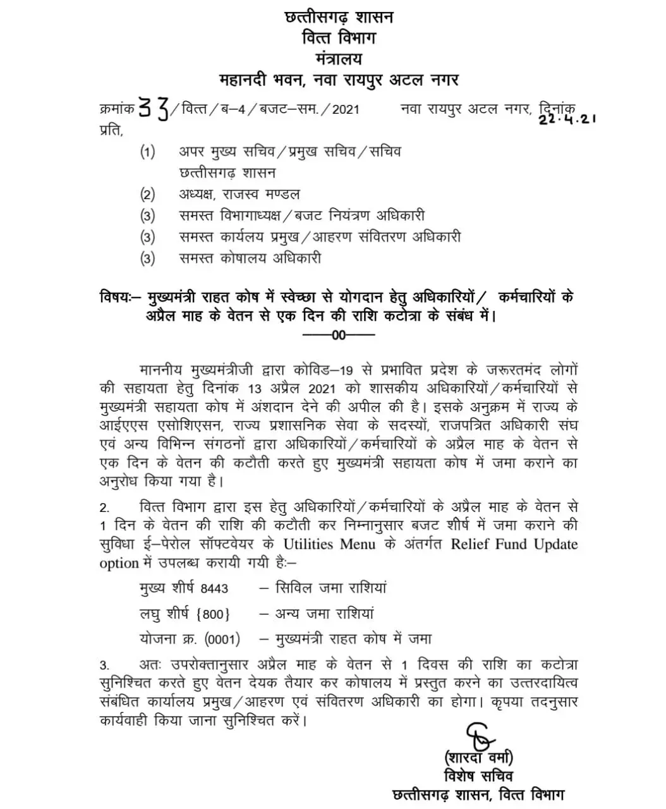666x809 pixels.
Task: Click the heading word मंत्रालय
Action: pyautogui.click(x=339, y=59)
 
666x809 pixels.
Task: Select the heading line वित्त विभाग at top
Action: pyautogui.click(x=339, y=38)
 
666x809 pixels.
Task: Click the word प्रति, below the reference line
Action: pyautogui.click(x=111, y=130)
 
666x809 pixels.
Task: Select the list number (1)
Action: pyautogui.click(x=147, y=152)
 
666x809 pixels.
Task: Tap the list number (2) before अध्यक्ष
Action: pyautogui.click(x=147, y=195)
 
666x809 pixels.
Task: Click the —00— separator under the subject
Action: pyautogui.click(x=339, y=335)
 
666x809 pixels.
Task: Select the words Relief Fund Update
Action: pyautogui.click(x=514, y=544)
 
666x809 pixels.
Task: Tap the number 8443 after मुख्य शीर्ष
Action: pyautogui.click(x=214, y=588)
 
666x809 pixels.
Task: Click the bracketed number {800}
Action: pyautogui.click(x=214, y=614)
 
